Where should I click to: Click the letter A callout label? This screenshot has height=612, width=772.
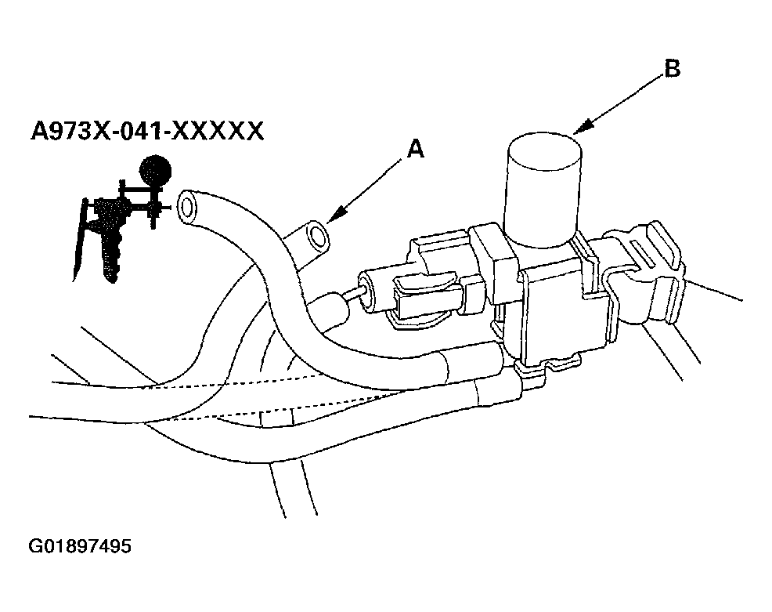click(x=416, y=149)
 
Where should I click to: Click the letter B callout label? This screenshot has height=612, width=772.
click(x=671, y=69)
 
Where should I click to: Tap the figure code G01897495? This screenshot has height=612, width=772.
click(x=80, y=545)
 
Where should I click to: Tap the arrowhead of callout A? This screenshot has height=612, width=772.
click(x=333, y=219)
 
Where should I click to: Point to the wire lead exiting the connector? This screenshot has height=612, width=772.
click(x=716, y=291)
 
